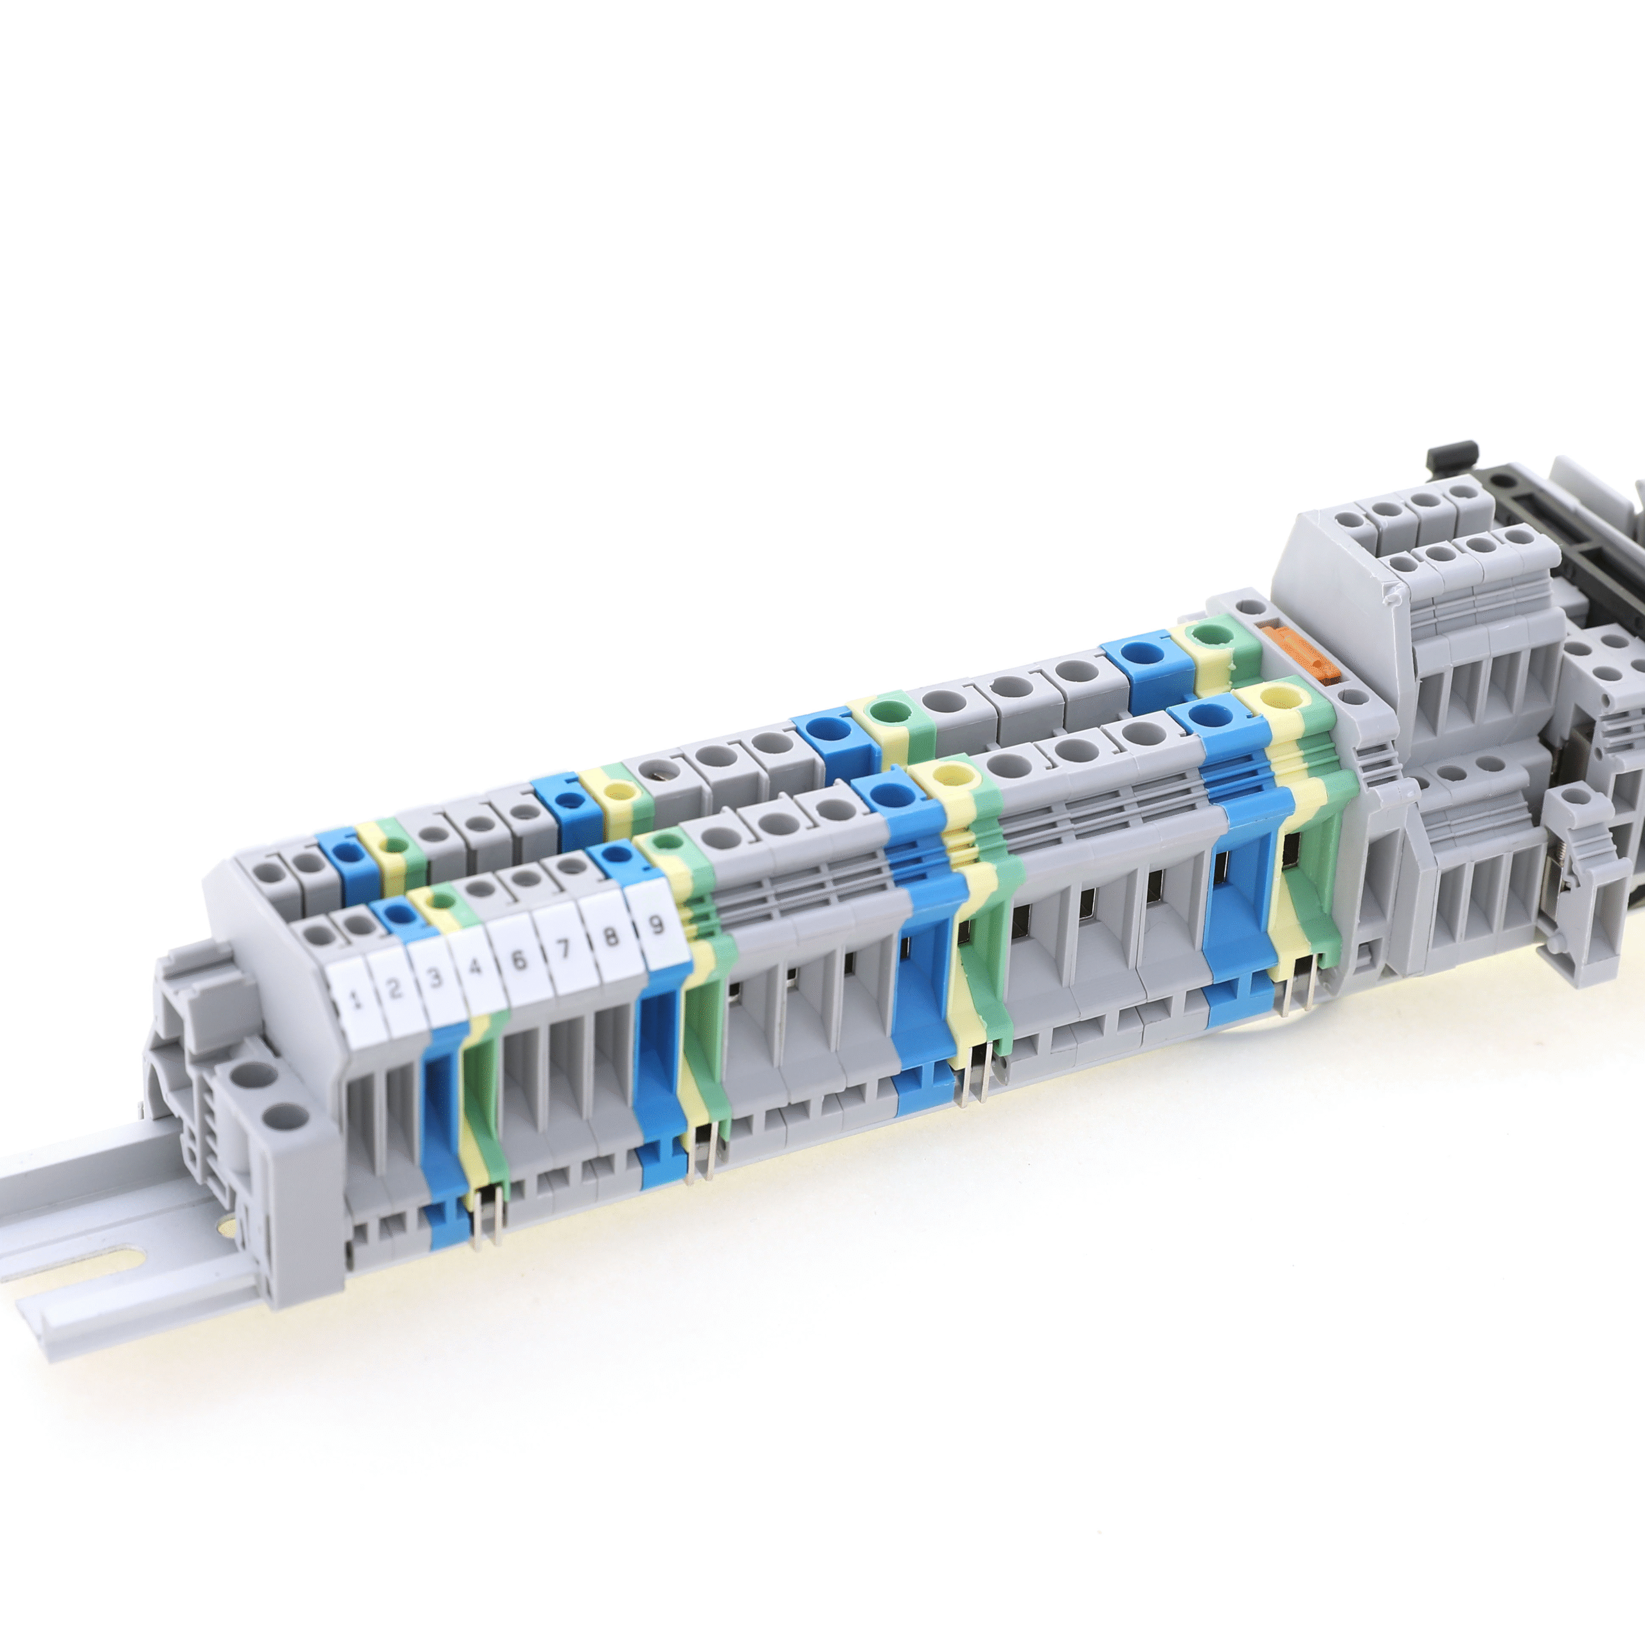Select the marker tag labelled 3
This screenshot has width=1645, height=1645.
(436, 978)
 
